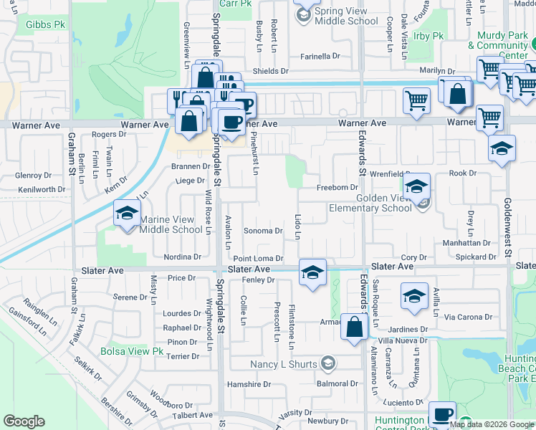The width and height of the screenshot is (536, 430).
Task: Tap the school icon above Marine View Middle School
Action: tap(127, 214)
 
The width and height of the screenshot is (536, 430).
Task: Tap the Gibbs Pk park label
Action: tap(45, 24)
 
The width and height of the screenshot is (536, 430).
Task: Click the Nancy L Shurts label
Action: tap(284, 364)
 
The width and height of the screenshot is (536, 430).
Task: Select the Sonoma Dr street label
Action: tap(264, 231)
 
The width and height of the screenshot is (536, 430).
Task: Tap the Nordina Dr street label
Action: tap(182, 257)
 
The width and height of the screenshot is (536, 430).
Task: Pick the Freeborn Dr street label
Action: tap(337, 186)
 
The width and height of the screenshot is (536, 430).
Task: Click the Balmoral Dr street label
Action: tap(337, 383)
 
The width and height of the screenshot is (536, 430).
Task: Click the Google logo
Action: tap(24, 421)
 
